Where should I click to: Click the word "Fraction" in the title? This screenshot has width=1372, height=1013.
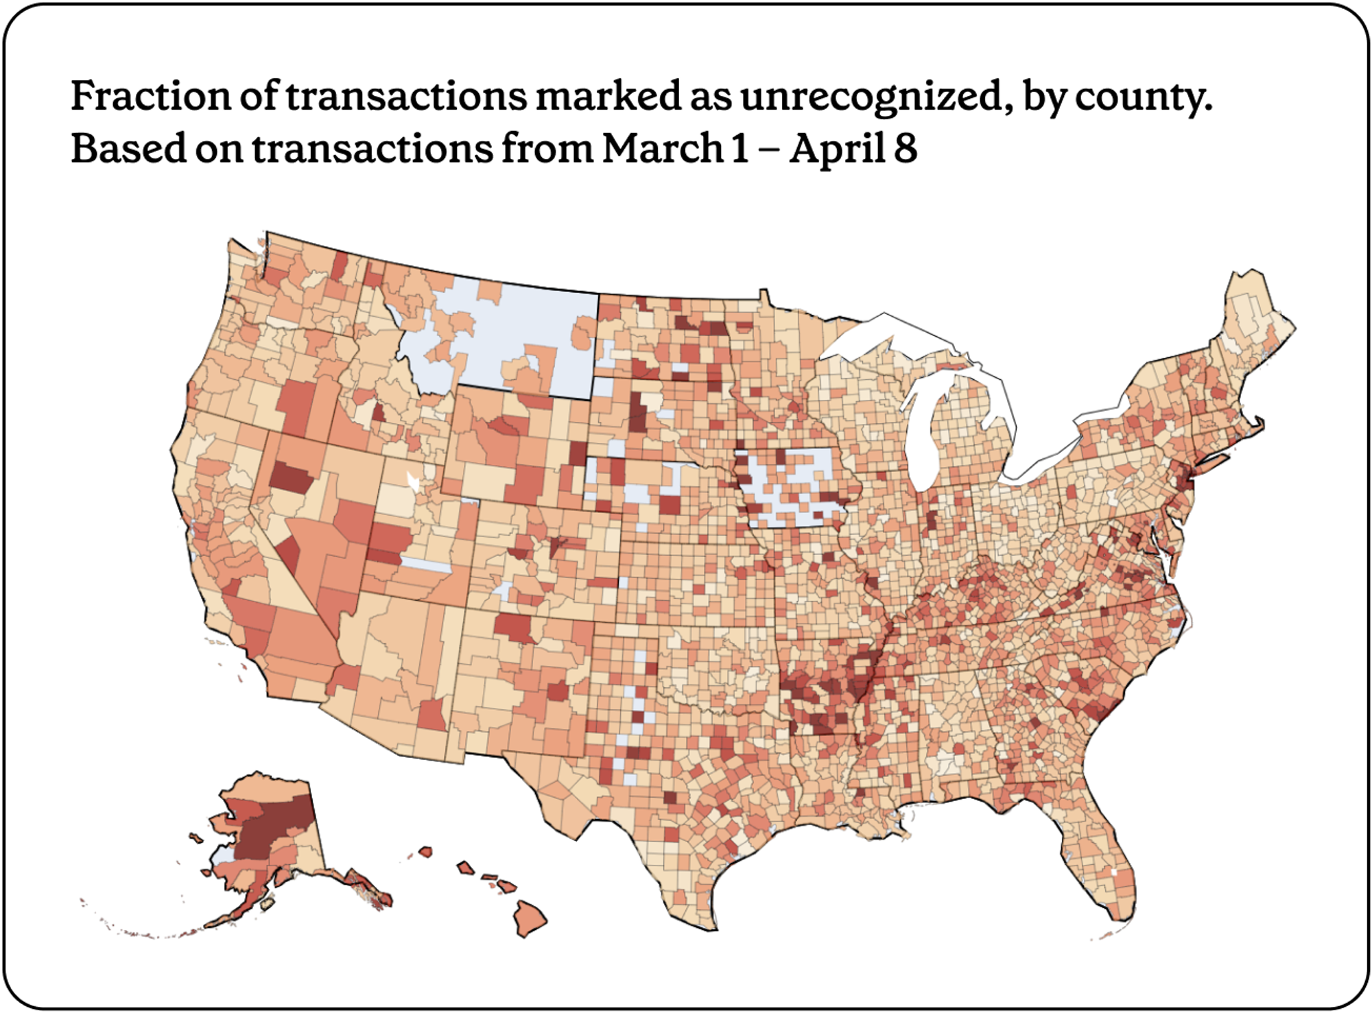click(x=150, y=96)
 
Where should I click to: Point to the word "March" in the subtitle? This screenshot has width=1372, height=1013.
click(x=663, y=148)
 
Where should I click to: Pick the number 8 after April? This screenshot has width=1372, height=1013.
click(x=906, y=148)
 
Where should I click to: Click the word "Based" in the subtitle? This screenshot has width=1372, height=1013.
click(x=126, y=148)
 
